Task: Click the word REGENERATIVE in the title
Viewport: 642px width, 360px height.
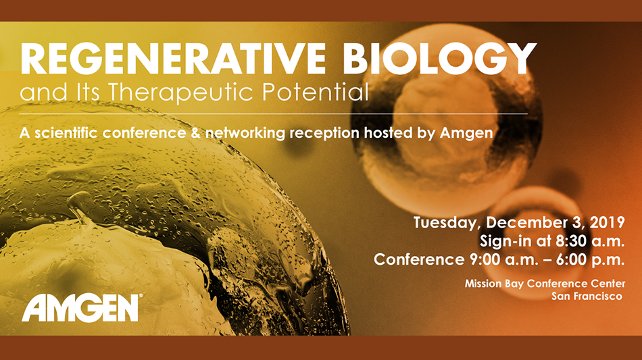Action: tap(172, 58)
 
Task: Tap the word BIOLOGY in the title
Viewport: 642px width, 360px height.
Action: tap(439, 58)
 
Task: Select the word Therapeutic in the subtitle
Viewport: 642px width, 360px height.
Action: tap(180, 93)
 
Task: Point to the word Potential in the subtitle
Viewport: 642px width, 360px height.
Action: tap(316, 92)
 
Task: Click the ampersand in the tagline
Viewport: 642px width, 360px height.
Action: tap(196, 133)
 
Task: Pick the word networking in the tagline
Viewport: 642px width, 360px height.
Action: tap(245, 133)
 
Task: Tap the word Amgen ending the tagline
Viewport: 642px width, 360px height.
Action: tap(466, 133)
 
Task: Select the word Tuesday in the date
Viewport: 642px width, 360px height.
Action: tap(447, 222)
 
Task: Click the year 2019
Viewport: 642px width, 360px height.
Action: tap(608, 222)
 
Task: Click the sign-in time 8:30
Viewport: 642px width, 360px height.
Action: tap(571, 241)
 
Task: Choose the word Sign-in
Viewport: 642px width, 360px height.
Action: tap(506, 241)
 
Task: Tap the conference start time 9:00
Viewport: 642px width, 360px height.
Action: tap(486, 260)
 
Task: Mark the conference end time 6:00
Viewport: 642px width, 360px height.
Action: tap(572, 260)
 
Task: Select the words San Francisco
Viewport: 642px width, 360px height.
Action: tap(587, 297)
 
